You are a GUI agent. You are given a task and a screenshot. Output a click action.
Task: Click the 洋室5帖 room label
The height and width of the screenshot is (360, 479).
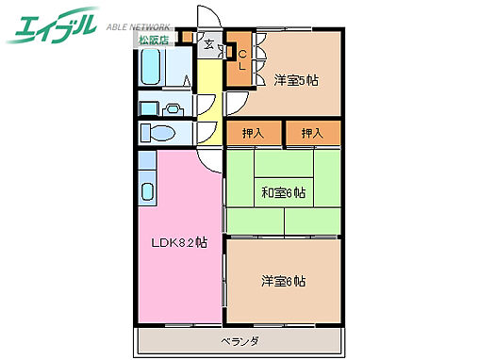coord(296,80)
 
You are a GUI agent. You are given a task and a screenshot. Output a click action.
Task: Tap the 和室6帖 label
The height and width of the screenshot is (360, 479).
coord(283,193)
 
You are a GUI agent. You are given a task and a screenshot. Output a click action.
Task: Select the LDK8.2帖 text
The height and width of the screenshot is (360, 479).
coord(180,243)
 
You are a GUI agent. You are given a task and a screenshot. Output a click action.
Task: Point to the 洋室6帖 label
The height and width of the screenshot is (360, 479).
coord(283,280)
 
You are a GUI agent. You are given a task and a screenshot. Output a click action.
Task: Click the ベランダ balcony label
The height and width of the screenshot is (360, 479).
coord(239,340)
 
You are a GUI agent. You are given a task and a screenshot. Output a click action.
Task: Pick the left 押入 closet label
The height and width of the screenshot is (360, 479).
coord(254,133)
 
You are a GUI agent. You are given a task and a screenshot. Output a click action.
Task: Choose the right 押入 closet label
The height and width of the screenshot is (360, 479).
coord(312,133)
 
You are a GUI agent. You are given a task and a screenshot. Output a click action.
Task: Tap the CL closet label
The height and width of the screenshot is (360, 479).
coord(240,59)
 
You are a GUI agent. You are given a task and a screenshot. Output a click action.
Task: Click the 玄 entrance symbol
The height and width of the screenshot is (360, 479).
coord(209,41)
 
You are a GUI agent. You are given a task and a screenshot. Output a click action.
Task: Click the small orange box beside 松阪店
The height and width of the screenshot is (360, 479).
coord(187,38)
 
